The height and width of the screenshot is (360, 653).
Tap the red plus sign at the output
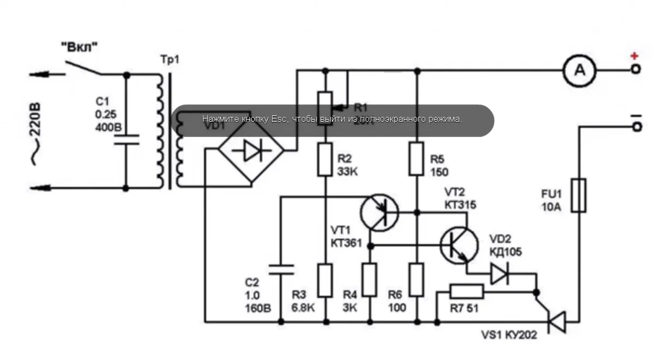634,56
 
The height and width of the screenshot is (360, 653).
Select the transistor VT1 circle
379,212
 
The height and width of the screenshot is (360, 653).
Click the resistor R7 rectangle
467,292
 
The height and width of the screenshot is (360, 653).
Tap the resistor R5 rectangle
416,159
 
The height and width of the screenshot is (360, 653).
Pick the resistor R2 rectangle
325,159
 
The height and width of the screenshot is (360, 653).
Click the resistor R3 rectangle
325,280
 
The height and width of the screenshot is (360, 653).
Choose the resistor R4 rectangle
370,280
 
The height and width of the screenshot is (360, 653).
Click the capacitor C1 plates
126,140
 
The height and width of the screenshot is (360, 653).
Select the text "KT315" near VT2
460,205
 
